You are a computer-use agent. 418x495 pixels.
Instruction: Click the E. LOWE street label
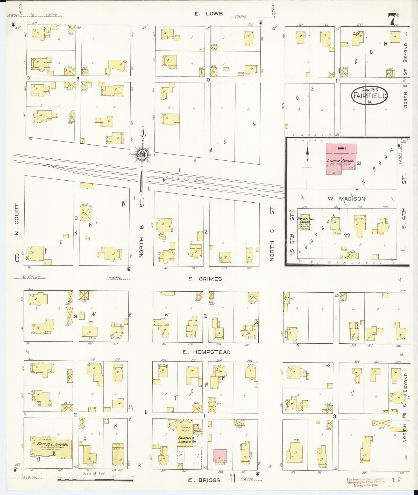tap(209, 14)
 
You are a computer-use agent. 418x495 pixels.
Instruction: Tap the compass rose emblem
tap(142, 154)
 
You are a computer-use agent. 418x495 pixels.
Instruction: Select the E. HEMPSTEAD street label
tap(206, 352)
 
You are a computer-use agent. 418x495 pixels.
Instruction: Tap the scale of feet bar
tap(95, 480)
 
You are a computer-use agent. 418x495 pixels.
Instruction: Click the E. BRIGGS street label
tap(204, 480)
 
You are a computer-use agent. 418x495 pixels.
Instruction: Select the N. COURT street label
tap(17, 219)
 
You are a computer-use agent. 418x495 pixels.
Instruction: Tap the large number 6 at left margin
tap(17, 258)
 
